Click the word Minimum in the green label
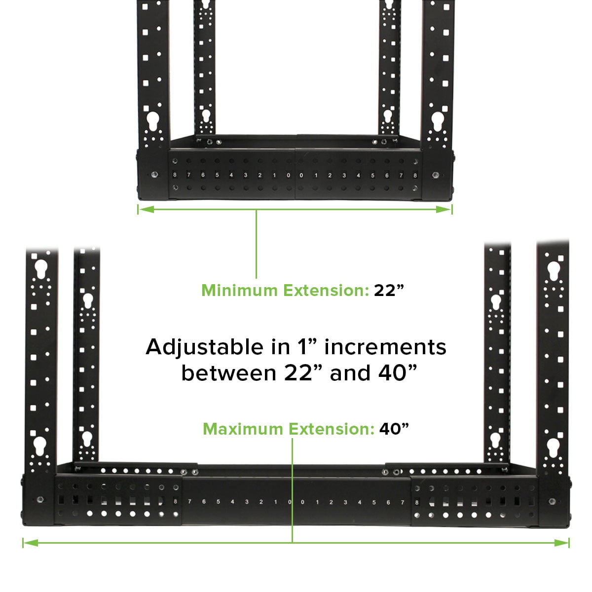coord(239,290)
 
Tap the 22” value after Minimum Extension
coord(389,290)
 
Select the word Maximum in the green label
coord(243,429)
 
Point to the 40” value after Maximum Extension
coord(394,429)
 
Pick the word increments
coord(385,347)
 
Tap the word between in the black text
coord(229,373)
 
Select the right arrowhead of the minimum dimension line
coord(444,210)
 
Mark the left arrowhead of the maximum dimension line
coord(31,543)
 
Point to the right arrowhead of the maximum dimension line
coord(561,543)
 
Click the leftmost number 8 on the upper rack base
coord(175,175)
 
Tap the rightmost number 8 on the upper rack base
coord(415,176)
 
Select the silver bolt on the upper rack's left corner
coord(154,175)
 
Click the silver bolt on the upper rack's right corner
coord(435,175)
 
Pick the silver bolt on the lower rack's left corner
coord(39,500)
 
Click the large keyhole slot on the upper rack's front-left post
coord(152,120)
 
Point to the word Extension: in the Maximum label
coord(332,429)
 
